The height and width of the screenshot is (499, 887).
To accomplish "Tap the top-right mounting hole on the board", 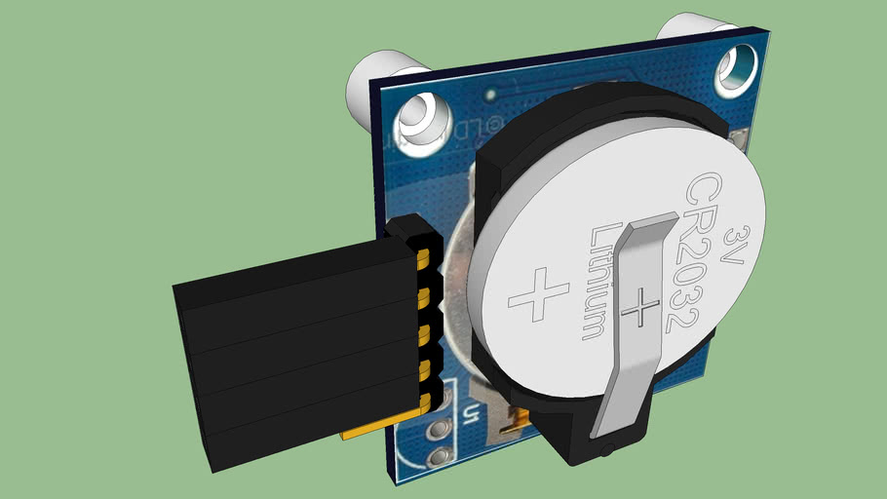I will pos(737,69).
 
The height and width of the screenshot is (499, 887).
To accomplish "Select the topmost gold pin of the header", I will pos(424,258).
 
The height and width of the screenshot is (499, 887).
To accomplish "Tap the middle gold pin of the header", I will pos(426,332).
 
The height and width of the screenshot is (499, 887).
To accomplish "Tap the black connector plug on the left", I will pos(292,341).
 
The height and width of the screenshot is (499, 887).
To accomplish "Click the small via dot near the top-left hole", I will pos(490,95).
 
